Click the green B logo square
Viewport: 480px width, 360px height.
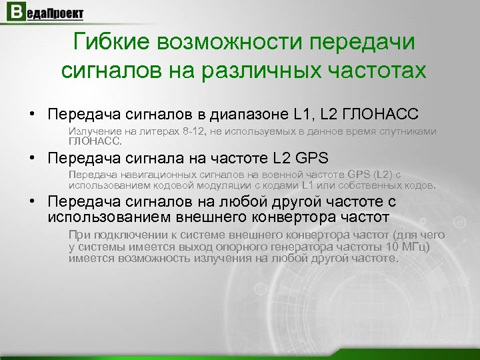click(13, 13)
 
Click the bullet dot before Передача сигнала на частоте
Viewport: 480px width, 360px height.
click(31, 159)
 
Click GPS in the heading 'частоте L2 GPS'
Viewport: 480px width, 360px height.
click(311, 159)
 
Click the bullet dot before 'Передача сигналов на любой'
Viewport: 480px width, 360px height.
click(31, 201)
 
